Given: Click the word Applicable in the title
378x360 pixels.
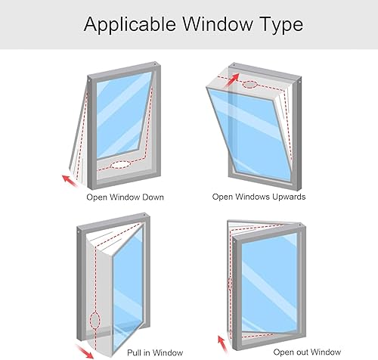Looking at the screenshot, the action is pos(129,25).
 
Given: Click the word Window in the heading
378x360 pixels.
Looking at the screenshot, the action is pos(217,24).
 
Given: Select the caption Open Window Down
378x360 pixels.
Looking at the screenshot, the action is pos(125,197).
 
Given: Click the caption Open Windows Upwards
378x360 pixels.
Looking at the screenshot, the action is pos(259,197).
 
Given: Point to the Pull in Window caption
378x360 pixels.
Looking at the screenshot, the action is pos(155,352).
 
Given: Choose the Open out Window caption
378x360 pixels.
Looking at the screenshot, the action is pos(307,352).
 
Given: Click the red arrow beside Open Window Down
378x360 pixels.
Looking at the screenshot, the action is pos(70,181).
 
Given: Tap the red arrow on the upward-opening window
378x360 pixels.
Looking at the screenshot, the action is pos(231,80).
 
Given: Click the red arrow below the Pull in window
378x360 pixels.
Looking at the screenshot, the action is pos(85,352).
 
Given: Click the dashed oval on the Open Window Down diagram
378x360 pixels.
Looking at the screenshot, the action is pos(121,165).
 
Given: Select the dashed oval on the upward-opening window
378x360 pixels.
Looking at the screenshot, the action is pos(249,85).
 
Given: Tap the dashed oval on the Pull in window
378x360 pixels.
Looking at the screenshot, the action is pos(95,320).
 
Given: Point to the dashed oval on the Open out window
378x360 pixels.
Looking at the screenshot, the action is pos(230,284).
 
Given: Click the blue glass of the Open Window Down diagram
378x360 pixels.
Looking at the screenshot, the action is pos(123,116).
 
